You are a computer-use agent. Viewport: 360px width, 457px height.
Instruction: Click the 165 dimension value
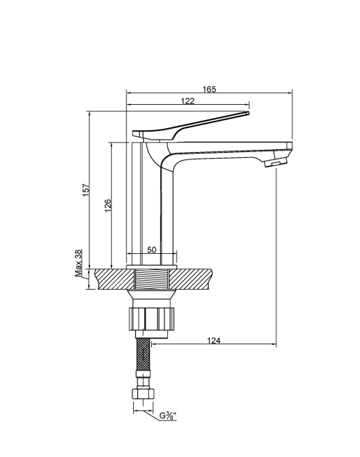pyautogui.click(x=209, y=89)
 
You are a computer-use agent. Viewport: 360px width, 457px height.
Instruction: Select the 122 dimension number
pyautogui.click(x=188, y=101)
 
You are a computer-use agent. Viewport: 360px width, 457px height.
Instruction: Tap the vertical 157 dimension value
pyautogui.click(x=87, y=190)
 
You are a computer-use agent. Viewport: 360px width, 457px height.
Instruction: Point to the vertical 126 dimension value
pyautogui.click(x=108, y=206)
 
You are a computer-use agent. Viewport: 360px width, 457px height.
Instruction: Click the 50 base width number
pyautogui.click(x=152, y=250)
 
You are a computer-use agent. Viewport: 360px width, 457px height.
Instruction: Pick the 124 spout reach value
pyautogui.click(x=214, y=341)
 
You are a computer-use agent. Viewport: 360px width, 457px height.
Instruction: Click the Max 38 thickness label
pyautogui.click(x=79, y=263)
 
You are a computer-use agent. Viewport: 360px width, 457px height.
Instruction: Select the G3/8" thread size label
pyautogui.click(x=168, y=416)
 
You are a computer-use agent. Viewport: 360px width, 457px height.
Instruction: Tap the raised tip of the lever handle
pyautogui.click(x=247, y=113)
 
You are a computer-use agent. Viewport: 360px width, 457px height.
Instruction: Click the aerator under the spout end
pyautogui.click(x=276, y=162)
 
